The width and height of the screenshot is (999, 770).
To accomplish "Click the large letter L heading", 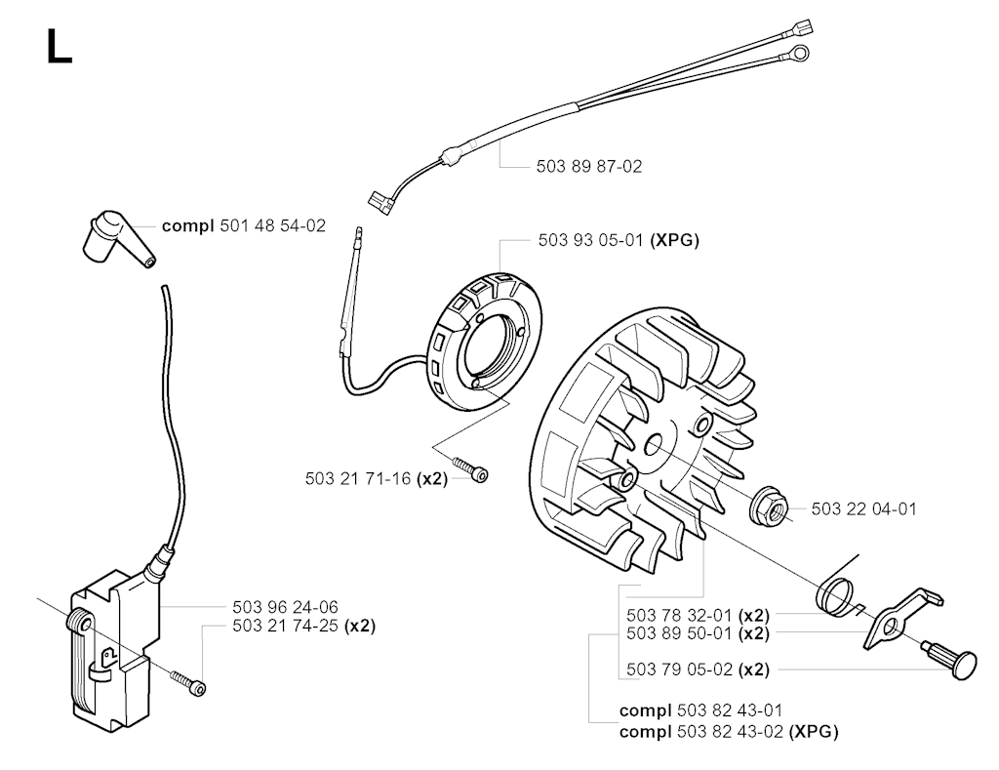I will click(59, 47).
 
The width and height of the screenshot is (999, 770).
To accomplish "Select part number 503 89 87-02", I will click(589, 167).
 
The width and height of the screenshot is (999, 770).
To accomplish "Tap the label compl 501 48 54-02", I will click(244, 225).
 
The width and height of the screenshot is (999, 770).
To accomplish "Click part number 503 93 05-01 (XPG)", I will click(618, 239).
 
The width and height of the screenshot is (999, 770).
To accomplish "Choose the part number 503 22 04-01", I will click(863, 508).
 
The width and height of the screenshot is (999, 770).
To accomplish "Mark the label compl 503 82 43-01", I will click(700, 710).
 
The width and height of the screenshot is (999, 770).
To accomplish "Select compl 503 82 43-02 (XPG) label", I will click(728, 731).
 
